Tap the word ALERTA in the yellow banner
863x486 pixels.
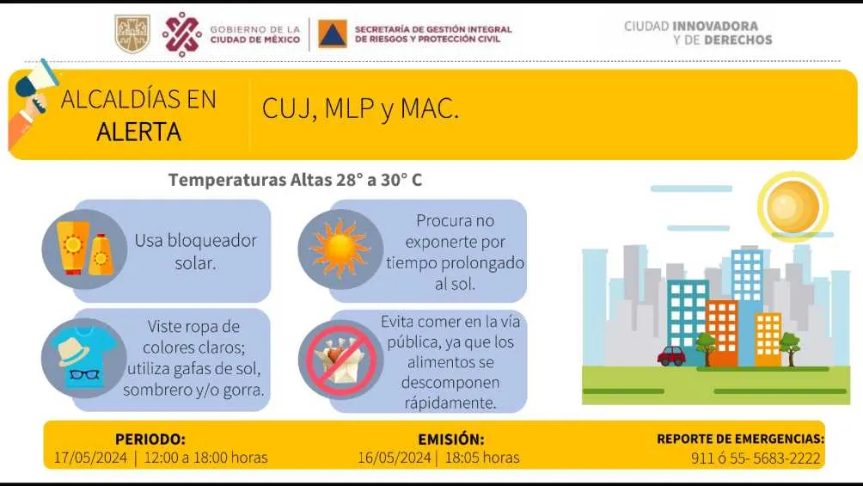[138, 132]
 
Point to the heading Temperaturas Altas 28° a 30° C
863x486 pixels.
[295, 180]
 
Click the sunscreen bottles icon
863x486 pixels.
[83, 249]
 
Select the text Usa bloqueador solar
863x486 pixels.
[195, 250]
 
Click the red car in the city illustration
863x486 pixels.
[671, 355]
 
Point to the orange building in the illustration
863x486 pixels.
[722, 332]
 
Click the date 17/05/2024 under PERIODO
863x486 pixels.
[90, 458]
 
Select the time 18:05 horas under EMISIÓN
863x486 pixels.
[481, 458]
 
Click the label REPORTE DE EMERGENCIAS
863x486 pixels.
[740, 439]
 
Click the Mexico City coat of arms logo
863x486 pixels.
[132, 33]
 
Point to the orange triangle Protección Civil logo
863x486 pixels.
[333, 34]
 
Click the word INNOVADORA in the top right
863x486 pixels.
[715, 26]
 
